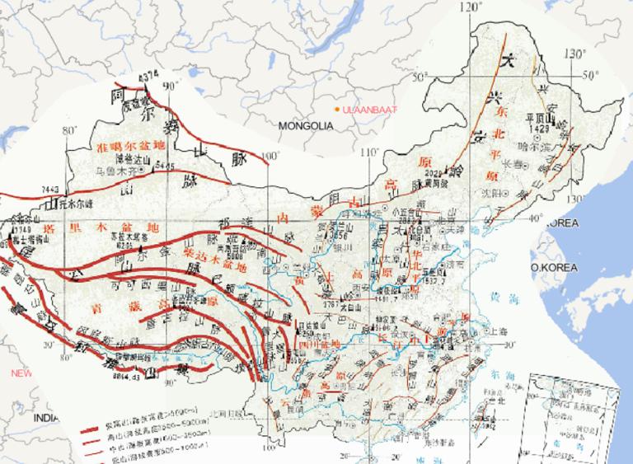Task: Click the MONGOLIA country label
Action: tap(305, 126)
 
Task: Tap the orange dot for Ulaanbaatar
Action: tap(336, 110)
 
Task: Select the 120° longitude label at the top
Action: tap(471, 7)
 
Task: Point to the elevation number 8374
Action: tap(148, 76)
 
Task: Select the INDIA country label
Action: tap(46, 418)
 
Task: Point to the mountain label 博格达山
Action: tap(134, 159)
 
